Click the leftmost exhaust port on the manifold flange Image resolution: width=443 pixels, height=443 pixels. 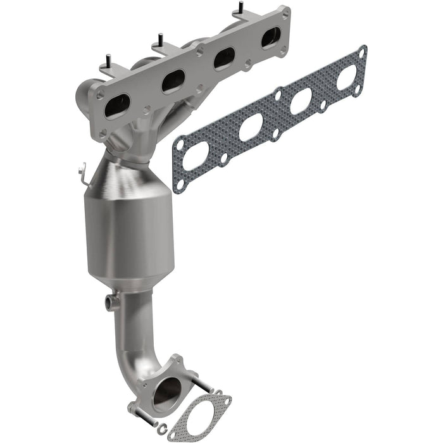116,107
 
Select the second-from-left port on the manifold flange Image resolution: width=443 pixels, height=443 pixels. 173,81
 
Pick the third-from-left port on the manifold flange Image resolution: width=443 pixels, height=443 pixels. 224,59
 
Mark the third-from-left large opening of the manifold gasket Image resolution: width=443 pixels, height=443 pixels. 300,101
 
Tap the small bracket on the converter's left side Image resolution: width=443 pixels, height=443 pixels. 81,172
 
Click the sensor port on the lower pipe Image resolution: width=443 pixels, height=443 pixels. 111,301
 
